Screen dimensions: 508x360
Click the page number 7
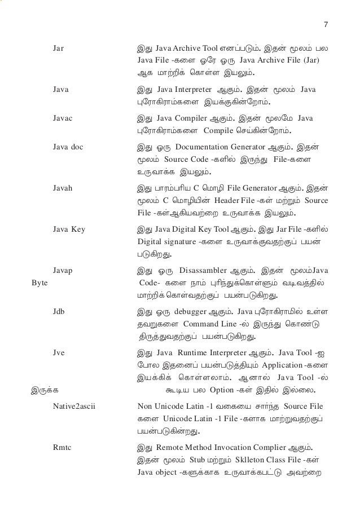(326, 25)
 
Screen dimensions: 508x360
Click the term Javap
(62, 271)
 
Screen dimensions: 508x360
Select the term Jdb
(58, 311)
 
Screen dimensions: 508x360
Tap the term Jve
(58, 352)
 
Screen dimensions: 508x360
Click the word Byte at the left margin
(39, 281)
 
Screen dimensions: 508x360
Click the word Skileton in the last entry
(256, 460)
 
